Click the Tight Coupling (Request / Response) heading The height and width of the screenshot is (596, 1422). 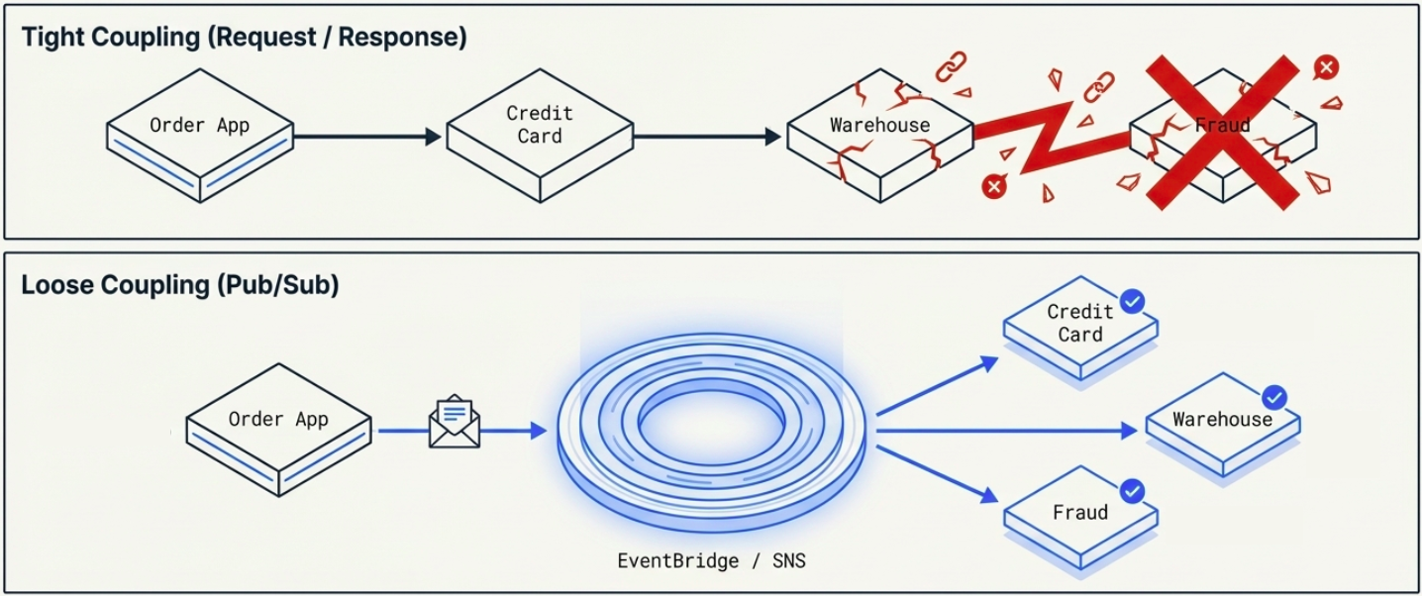[244, 38]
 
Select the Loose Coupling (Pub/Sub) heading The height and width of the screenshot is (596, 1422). [180, 285]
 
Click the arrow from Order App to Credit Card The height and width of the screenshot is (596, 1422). [367, 137]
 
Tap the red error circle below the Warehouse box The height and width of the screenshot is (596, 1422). [992, 187]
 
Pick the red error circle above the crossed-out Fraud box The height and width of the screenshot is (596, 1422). [1326, 67]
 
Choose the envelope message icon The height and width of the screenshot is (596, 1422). [455, 423]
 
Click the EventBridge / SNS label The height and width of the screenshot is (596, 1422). [711, 561]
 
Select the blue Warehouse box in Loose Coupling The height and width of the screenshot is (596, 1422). [1222, 424]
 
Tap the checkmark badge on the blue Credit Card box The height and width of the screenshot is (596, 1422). [1131, 300]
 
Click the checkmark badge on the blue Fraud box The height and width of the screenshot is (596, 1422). [1131, 491]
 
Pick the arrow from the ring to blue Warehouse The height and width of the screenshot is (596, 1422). [1005, 431]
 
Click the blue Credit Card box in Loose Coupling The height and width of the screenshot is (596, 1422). [1080, 327]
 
